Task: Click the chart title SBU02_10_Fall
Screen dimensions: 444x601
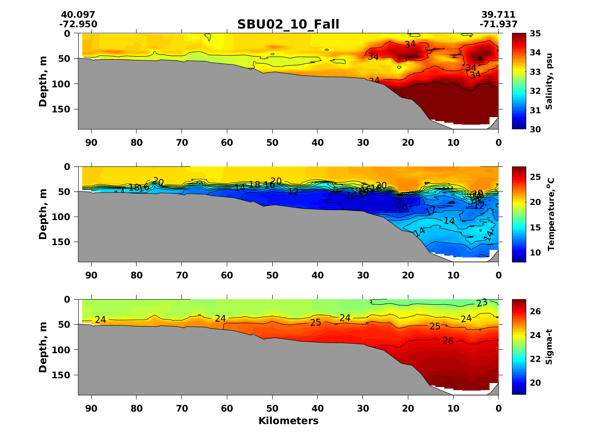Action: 288,24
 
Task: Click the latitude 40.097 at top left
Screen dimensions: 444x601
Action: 78,15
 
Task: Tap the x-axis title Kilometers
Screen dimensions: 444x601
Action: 288,421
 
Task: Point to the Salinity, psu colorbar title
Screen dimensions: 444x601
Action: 549,81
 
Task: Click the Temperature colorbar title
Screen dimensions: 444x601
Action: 550,214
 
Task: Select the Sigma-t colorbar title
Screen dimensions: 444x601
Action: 549,347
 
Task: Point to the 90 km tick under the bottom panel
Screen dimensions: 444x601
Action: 91,408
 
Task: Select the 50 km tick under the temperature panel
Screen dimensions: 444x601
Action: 272,275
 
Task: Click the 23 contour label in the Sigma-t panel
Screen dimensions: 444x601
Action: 482,303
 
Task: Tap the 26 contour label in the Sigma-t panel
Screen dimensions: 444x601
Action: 448,341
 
